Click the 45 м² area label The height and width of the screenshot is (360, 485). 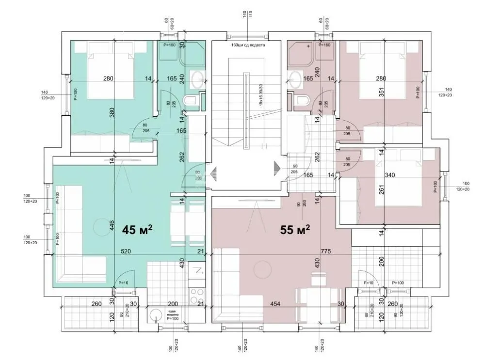tap(137, 229)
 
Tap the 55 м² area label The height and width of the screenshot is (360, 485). tap(295, 229)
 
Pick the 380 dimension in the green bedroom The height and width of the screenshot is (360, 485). tap(112, 113)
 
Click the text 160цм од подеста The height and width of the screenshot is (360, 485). tap(248, 45)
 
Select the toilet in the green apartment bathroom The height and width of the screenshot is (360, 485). tap(191, 101)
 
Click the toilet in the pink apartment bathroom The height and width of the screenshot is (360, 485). tap(302, 101)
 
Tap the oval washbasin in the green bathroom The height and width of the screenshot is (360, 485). tap(198, 79)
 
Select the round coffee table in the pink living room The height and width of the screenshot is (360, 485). tap(264, 269)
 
